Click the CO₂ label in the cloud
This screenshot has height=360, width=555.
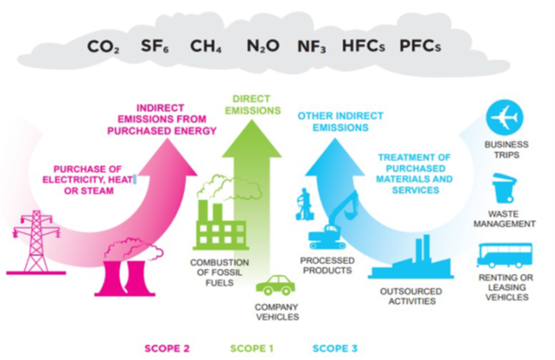[104, 46]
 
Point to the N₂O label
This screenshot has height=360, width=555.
[263, 46]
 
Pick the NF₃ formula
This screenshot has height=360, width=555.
[311, 46]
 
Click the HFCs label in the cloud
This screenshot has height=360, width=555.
[363, 46]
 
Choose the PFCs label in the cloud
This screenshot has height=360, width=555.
[420, 46]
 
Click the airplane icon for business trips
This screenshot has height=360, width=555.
[505, 118]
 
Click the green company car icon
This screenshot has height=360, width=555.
[275, 285]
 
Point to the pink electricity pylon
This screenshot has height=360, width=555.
[36, 240]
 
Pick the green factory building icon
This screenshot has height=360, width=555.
[218, 221]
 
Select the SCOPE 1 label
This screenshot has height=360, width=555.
[252, 349]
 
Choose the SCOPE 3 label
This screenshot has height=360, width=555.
[334, 349]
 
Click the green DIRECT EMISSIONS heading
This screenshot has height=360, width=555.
[250, 103]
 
